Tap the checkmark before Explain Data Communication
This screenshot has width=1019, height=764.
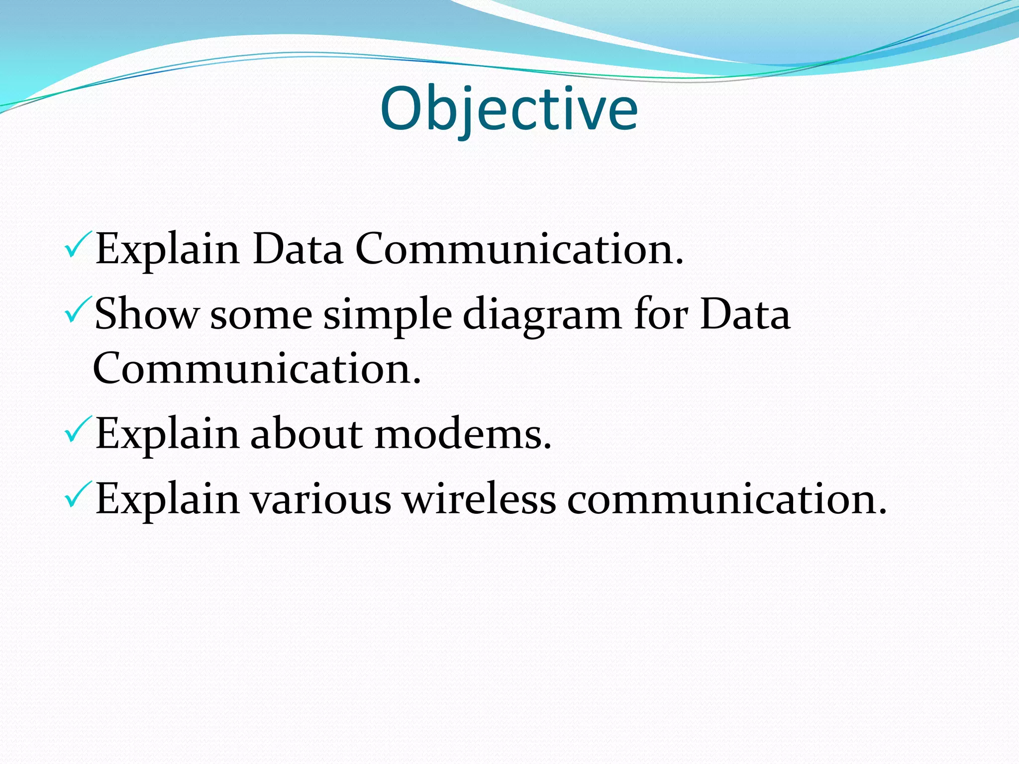(x=78, y=244)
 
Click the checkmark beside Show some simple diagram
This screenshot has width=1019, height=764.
(x=78, y=309)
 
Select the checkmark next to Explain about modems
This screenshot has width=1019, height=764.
(x=78, y=429)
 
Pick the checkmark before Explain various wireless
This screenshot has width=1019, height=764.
(x=78, y=494)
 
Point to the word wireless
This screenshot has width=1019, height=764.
(x=479, y=499)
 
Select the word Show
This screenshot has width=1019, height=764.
(x=147, y=314)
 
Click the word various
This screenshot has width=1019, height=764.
(x=320, y=499)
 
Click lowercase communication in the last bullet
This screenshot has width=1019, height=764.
(x=726, y=499)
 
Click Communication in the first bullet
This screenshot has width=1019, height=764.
(x=519, y=249)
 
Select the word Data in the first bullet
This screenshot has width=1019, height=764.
(x=298, y=249)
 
